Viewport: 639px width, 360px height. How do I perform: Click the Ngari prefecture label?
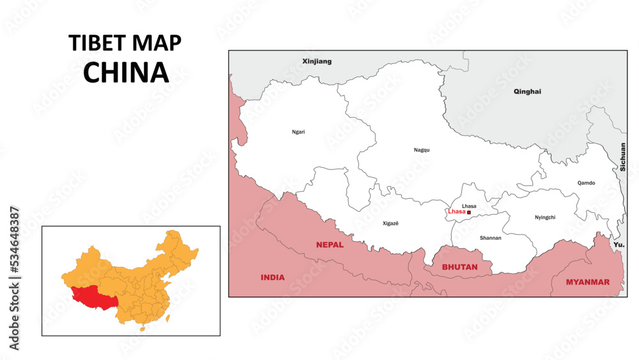point(298,132)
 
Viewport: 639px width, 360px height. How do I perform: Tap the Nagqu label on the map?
point(422,150)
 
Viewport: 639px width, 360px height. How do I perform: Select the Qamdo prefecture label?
point(586,183)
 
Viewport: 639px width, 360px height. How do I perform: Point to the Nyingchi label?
point(545,217)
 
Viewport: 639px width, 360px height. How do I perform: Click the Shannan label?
point(490,238)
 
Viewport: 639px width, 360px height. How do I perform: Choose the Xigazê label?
point(390,224)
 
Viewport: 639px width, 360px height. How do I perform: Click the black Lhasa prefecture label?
point(469,206)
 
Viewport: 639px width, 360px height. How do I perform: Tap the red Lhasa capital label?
point(457,212)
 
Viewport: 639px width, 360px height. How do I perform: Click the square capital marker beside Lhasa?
point(469,212)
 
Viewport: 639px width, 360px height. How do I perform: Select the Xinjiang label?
point(317,61)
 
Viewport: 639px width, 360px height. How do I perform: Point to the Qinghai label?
point(527,91)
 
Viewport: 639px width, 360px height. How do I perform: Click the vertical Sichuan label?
point(622,157)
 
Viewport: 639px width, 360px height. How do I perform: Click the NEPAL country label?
point(330,245)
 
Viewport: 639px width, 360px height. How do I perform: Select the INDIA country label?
point(272,278)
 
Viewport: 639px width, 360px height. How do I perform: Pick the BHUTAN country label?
point(459,267)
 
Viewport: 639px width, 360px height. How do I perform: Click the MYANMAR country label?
point(587,282)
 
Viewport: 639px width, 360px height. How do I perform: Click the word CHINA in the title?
point(126,73)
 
